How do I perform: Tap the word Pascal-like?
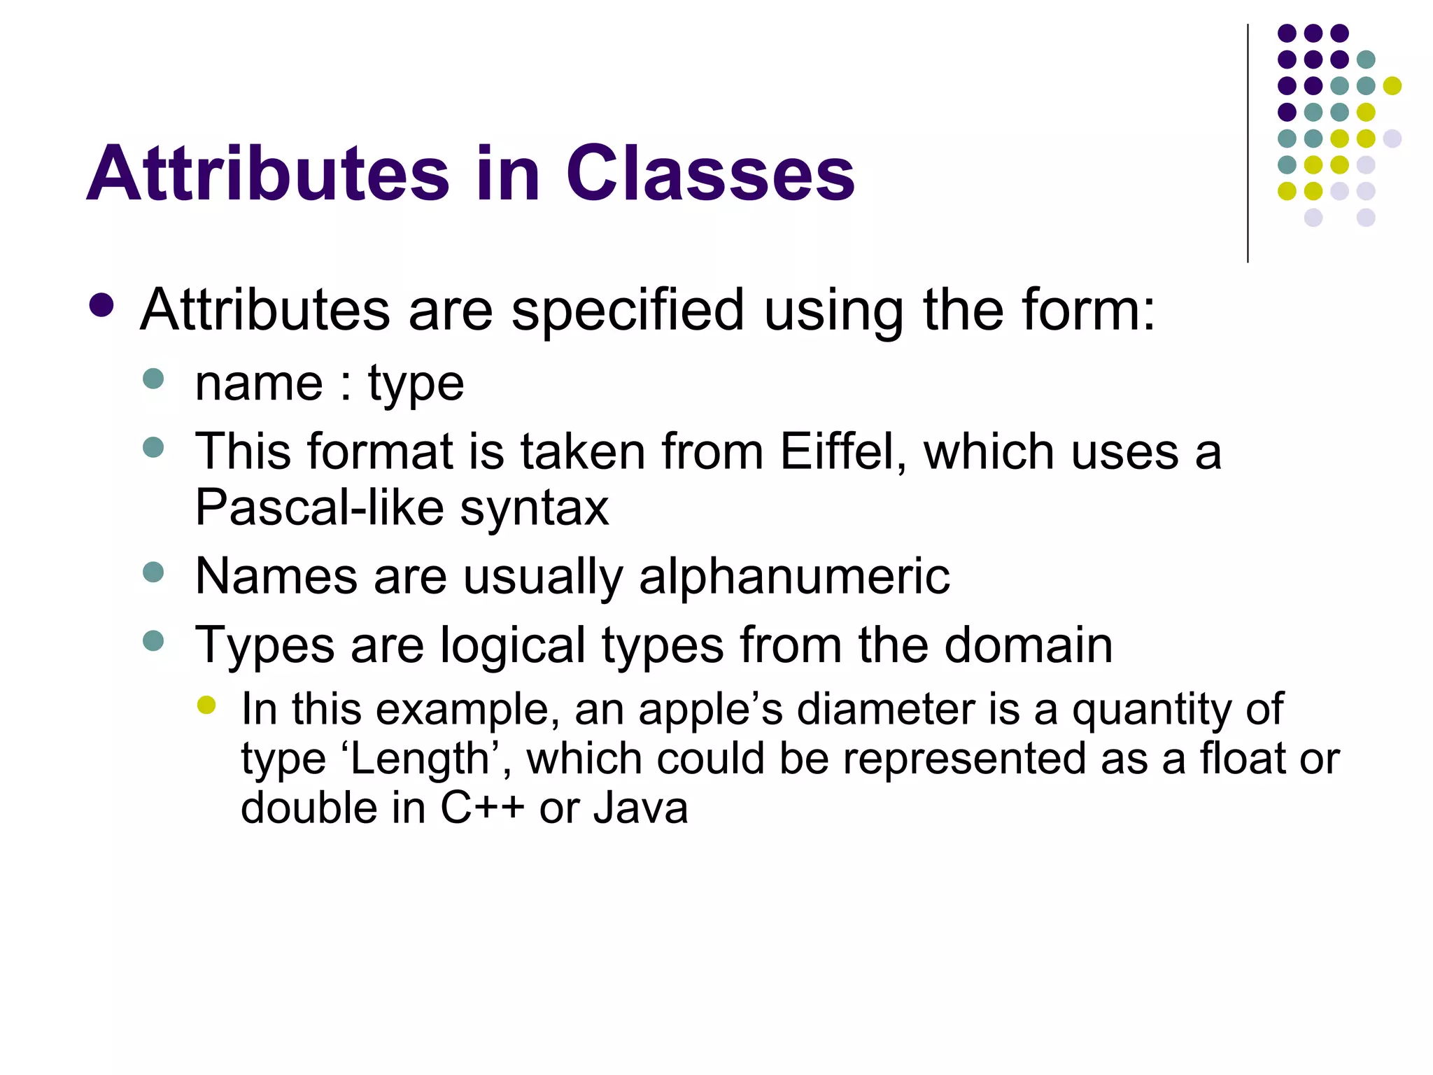(319, 507)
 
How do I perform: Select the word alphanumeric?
(794, 576)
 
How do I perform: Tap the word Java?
(640, 808)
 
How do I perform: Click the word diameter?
(885, 709)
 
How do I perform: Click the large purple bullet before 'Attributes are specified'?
(102, 305)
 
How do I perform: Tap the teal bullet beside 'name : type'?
(153, 379)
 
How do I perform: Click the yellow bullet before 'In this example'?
(206, 705)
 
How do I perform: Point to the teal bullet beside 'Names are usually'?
(153, 572)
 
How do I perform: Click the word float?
(1242, 759)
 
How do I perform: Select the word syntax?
(535, 508)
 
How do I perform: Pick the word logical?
(512, 645)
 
